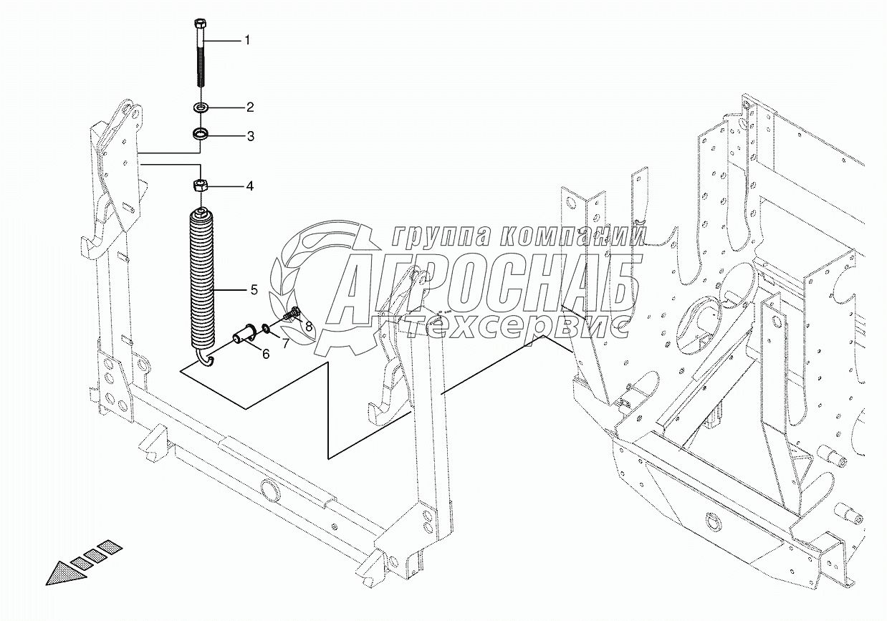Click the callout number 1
[247, 40]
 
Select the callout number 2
[250, 107]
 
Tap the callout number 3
[250, 137]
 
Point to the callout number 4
[249, 186]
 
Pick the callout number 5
[254, 289]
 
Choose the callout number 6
[266, 354]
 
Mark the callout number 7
[285, 343]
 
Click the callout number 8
[309, 327]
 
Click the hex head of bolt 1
[200, 23]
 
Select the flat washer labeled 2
[201, 107]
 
